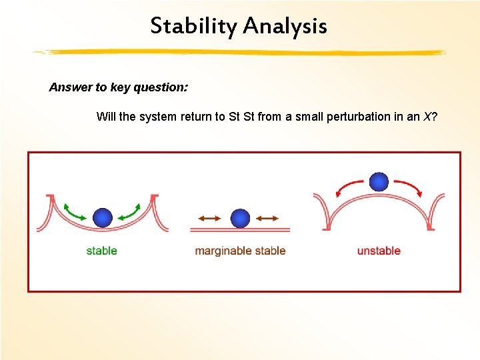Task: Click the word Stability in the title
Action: pyautogui.click(x=194, y=26)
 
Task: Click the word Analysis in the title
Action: pyautogui.click(x=285, y=26)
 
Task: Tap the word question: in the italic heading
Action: pyautogui.click(x=161, y=87)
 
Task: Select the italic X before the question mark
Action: pyautogui.click(x=427, y=117)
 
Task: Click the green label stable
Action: pyautogui.click(x=101, y=251)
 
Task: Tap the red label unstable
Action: pyautogui.click(x=379, y=251)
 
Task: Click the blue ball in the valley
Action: pyautogui.click(x=103, y=217)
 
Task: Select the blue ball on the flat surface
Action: pyautogui.click(x=240, y=218)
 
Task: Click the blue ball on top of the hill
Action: pyautogui.click(x=379, y=182)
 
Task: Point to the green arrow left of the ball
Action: pyautogui.click(x=74, y=213)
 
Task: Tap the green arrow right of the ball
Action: pyautogui.click(x=130, y=213)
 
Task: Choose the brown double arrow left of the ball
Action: pyautogui.click(x=210, y=218)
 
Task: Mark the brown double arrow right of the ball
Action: pyautogui.click(x=267, y=218)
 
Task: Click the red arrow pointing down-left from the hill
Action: pyautogui.click(x=348, y=187)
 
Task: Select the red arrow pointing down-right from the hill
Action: pyautogui.click(x=409, y=187)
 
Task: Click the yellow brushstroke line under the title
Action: pyautogui.click(x=239, y=53)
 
